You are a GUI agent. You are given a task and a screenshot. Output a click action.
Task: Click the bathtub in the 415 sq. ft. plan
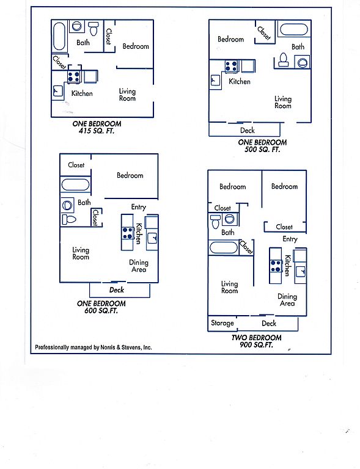(59, 37)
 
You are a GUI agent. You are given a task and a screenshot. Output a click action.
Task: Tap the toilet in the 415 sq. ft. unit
(94, 28)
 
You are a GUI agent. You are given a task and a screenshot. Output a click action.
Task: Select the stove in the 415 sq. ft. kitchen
(74, 76)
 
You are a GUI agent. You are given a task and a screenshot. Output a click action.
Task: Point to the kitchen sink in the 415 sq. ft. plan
(57, 91)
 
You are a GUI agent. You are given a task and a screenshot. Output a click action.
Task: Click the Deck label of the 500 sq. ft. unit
(248, 130)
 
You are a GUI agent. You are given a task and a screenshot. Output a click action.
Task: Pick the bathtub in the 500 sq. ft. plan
(293, 29)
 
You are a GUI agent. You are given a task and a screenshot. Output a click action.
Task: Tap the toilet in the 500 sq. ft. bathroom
(283, 59)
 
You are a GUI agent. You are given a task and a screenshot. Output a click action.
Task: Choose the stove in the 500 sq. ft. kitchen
(232, 66)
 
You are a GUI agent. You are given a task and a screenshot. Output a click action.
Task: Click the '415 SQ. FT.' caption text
(97, 131)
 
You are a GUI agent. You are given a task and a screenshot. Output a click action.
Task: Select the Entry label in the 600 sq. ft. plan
(139, 207)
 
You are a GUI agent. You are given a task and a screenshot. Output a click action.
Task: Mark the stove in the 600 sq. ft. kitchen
(128, 233)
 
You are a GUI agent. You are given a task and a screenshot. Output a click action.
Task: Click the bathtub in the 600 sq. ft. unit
(75, 185)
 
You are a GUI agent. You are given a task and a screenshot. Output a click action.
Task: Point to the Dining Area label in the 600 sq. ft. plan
(139, 266)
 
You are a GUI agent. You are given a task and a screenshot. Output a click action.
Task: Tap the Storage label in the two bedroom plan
(222, 323)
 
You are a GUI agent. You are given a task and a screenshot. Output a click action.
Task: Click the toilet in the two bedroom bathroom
(216, 222)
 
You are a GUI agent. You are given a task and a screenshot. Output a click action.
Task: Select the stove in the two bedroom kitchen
(276, 266)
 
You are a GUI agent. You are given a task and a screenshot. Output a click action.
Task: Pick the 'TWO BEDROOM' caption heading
(257, 338)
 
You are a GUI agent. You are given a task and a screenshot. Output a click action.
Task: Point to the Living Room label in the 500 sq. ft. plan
(283, 102)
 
